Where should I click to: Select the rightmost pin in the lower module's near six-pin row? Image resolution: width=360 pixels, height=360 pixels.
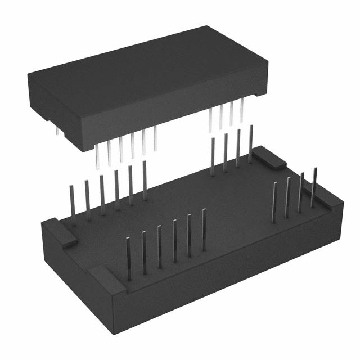204,231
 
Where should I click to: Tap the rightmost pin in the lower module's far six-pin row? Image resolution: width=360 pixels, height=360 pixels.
145,180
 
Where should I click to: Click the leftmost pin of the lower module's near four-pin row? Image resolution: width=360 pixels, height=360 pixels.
274,202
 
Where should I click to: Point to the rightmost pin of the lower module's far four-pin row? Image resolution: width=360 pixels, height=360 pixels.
250,143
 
